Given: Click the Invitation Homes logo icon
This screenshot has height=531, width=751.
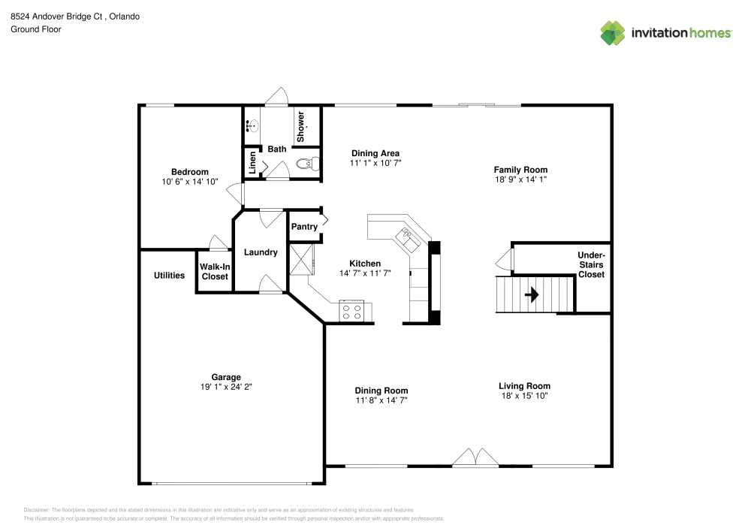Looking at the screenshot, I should [613, 32].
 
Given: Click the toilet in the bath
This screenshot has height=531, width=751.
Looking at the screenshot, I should [306, 163].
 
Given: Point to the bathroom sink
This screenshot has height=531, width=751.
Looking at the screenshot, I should [252, 126].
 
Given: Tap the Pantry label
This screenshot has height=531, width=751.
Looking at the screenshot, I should [303, 227].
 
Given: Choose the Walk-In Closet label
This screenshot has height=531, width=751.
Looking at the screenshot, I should [215, 271].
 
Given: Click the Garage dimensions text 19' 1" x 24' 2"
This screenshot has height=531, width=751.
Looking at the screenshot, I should [226, 388].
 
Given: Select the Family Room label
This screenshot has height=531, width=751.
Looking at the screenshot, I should [520, 170].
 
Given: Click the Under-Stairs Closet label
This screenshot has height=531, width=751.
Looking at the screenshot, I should [591, 264].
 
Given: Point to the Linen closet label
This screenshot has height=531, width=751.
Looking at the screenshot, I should [252, 162].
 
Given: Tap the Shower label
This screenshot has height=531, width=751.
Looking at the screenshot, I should [300, 127].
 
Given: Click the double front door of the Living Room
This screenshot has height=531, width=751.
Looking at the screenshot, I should [475, 457].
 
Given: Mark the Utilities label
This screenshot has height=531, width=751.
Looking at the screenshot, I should [169, 276].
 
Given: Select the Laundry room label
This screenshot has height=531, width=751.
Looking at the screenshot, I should [261, 252].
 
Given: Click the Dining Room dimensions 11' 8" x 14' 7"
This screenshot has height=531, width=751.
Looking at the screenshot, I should [381, 401].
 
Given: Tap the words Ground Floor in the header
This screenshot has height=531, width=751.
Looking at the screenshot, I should [36, 29].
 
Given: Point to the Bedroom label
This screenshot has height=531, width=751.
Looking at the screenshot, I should [189, 172].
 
